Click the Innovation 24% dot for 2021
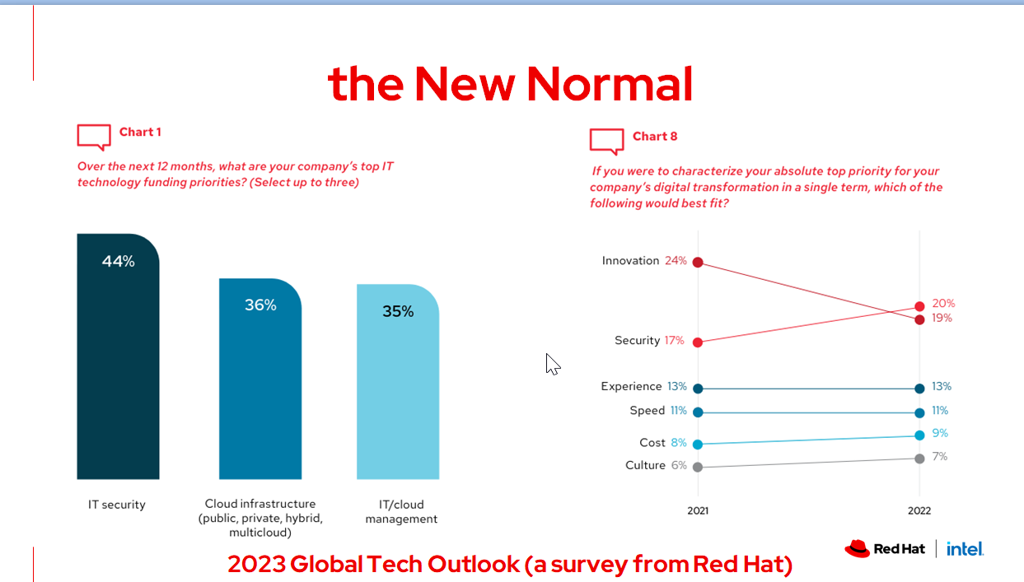pos(698,262)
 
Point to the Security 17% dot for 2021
pos(698,342)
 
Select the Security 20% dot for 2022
pos(919,306)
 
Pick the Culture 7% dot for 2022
pos(919,458)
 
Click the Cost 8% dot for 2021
pos(698,444)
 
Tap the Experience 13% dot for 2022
pos(919,388)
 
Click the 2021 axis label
pos(698,510)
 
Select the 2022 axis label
pos(919,510)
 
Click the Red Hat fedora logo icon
pos(857,548)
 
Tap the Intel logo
pos(965,548)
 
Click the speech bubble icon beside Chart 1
pos(94,137)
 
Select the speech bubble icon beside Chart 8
pos(607,141)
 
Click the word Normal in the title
pos(610,83)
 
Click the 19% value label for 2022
pos(942,319)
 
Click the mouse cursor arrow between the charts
pos(552,363)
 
